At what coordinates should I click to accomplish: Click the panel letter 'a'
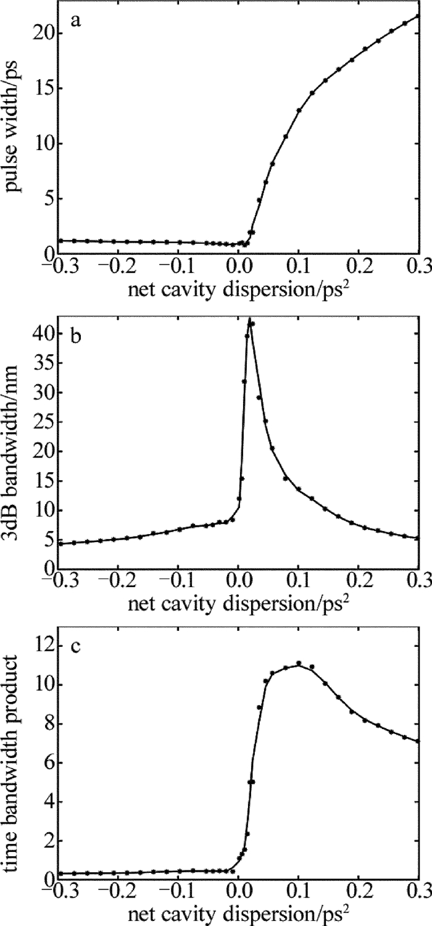pos(75,20)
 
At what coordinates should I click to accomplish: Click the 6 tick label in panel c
pos(46,764)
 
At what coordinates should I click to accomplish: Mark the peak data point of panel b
pos(249,321)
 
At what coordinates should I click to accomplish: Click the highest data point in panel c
pos(299,664)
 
